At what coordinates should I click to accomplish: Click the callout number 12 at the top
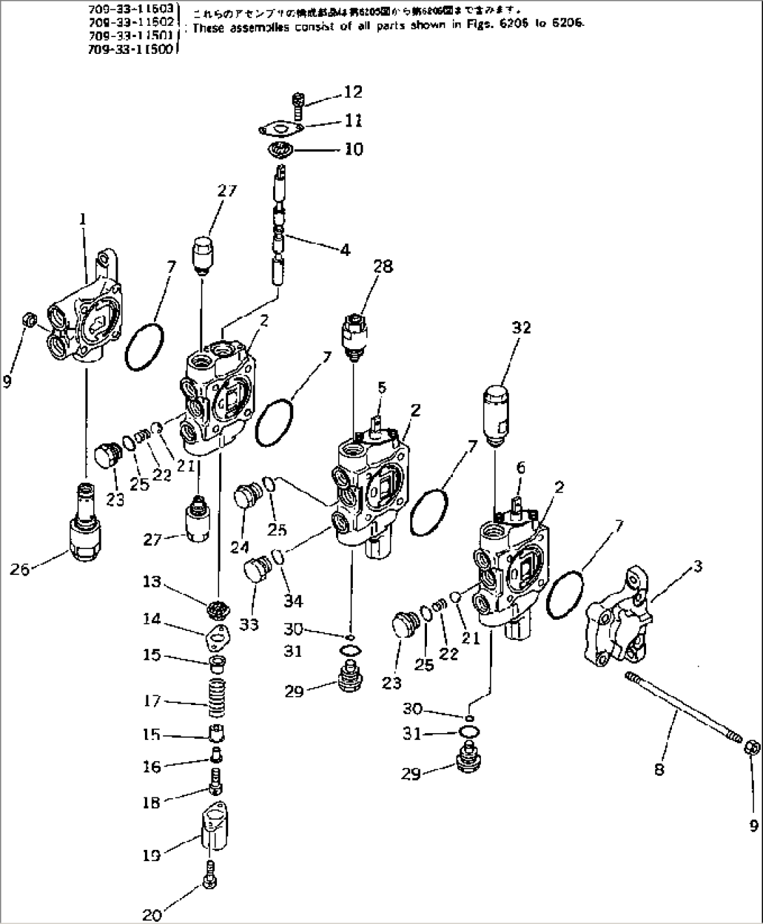(353, 92)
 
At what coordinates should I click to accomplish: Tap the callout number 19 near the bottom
(152, 855)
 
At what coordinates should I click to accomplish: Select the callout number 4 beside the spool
(344, 248)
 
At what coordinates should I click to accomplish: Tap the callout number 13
(152, 582)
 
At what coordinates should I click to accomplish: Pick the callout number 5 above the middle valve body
(381, 386)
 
